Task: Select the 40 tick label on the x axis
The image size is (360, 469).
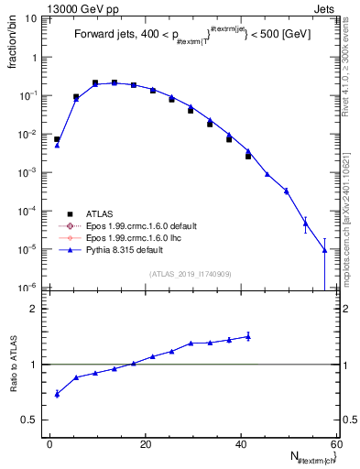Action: (x=241, y=445)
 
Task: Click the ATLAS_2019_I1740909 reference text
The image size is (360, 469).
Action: (x=191, y=274)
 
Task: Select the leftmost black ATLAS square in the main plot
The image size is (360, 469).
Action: (x=57, y=139)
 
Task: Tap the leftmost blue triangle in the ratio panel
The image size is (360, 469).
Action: (x=57, y=394)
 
